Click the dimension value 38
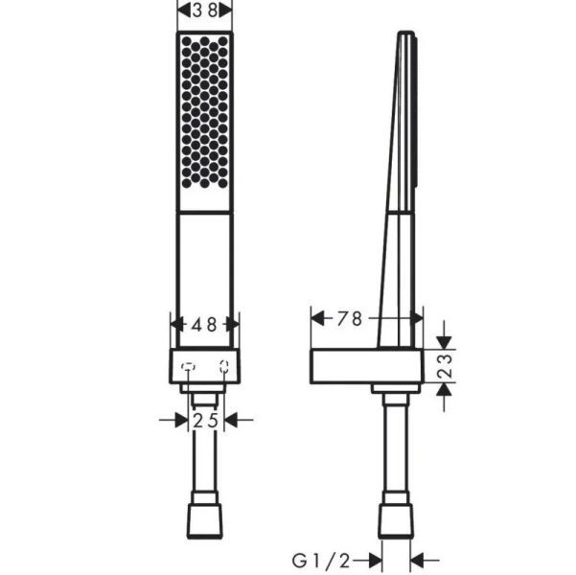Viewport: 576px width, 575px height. (205, 10)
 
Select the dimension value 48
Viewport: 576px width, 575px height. (204, 324)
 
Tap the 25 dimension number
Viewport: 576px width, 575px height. (205, 419)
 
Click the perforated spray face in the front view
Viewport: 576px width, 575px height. (205, 121)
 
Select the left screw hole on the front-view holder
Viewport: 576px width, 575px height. (189, 365)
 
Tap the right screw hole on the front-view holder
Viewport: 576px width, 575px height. (223, 365)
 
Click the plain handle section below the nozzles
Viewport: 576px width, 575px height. (205, 278)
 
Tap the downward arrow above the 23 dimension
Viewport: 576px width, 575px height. (442, 339)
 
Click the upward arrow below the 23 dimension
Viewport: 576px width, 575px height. (442, 392)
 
